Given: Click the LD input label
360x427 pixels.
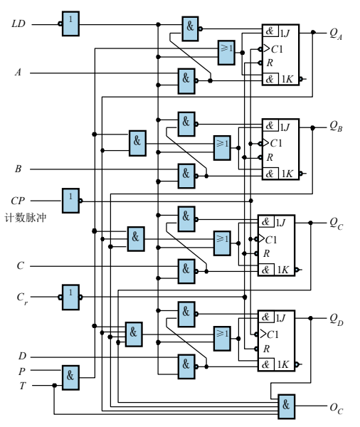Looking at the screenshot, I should point(18,24).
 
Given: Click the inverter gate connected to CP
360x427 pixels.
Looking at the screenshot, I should point(70,200).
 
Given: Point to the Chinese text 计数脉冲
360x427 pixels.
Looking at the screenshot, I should point(26,218).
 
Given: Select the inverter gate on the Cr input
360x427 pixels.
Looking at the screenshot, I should point(70,295).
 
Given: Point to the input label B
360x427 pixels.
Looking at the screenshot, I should point(18,169).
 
